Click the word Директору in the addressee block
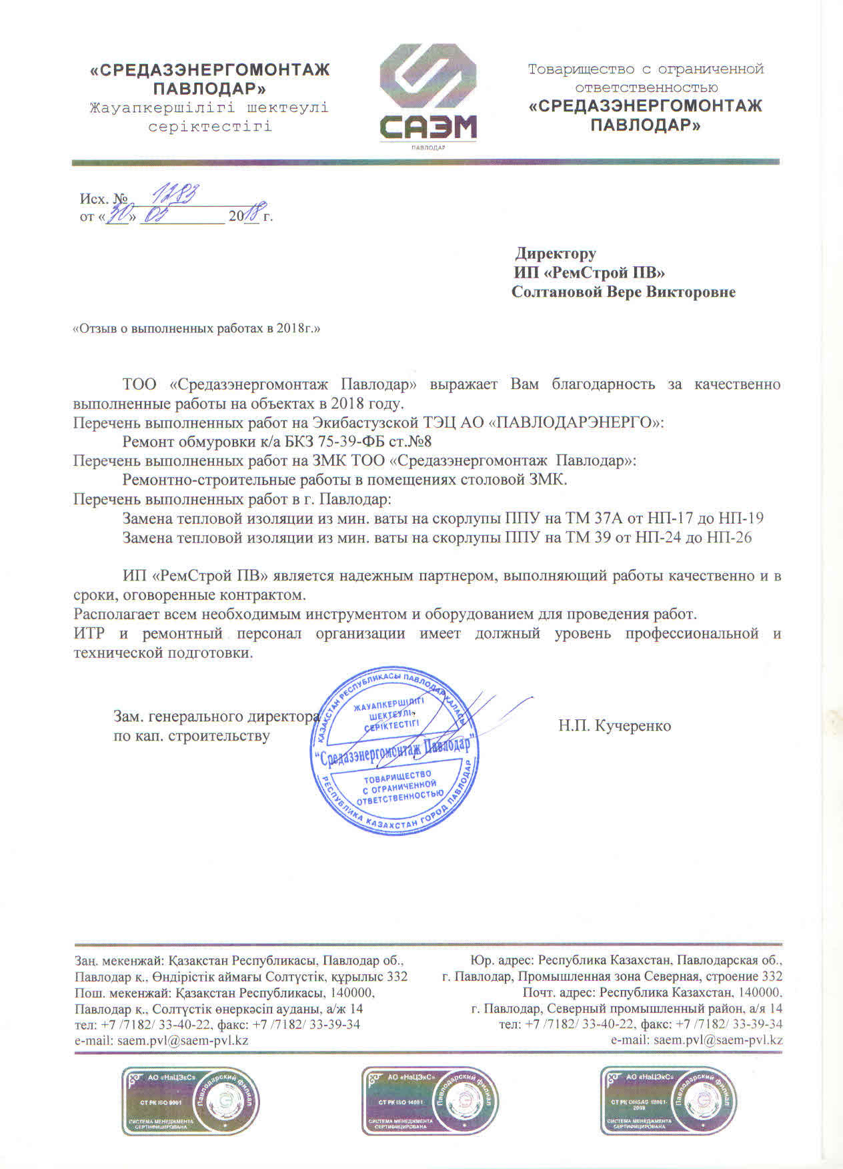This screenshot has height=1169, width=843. [x=556, y=254]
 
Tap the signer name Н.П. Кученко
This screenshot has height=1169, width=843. [x=614, y=726]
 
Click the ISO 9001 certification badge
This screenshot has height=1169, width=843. [x=190, y=1101]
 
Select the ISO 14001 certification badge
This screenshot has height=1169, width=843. [x=430, y=1101]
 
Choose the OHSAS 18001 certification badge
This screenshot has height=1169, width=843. [x=669, y=1101]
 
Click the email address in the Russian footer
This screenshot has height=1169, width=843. [x=718, y=1040]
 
